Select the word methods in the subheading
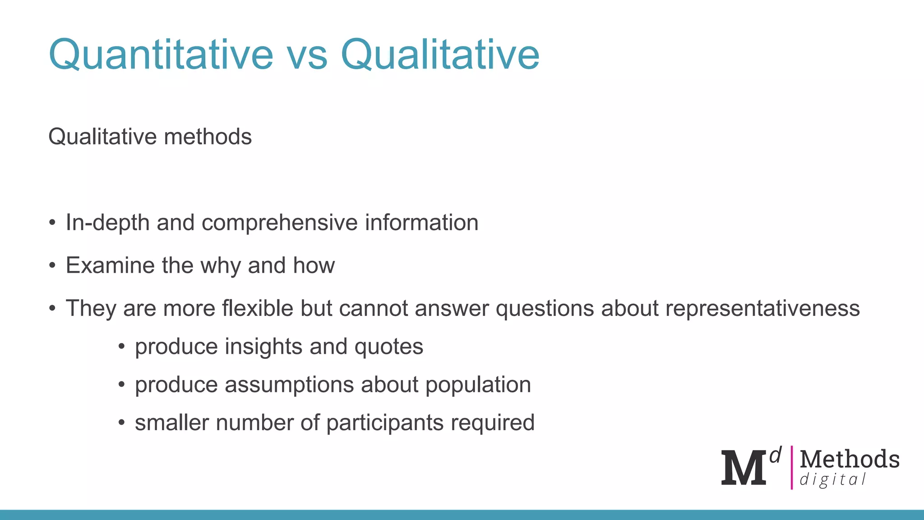208,136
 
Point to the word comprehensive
280,223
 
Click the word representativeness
762,309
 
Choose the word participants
385,423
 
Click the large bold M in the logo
743,468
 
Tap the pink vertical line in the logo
791,467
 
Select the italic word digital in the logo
832,479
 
